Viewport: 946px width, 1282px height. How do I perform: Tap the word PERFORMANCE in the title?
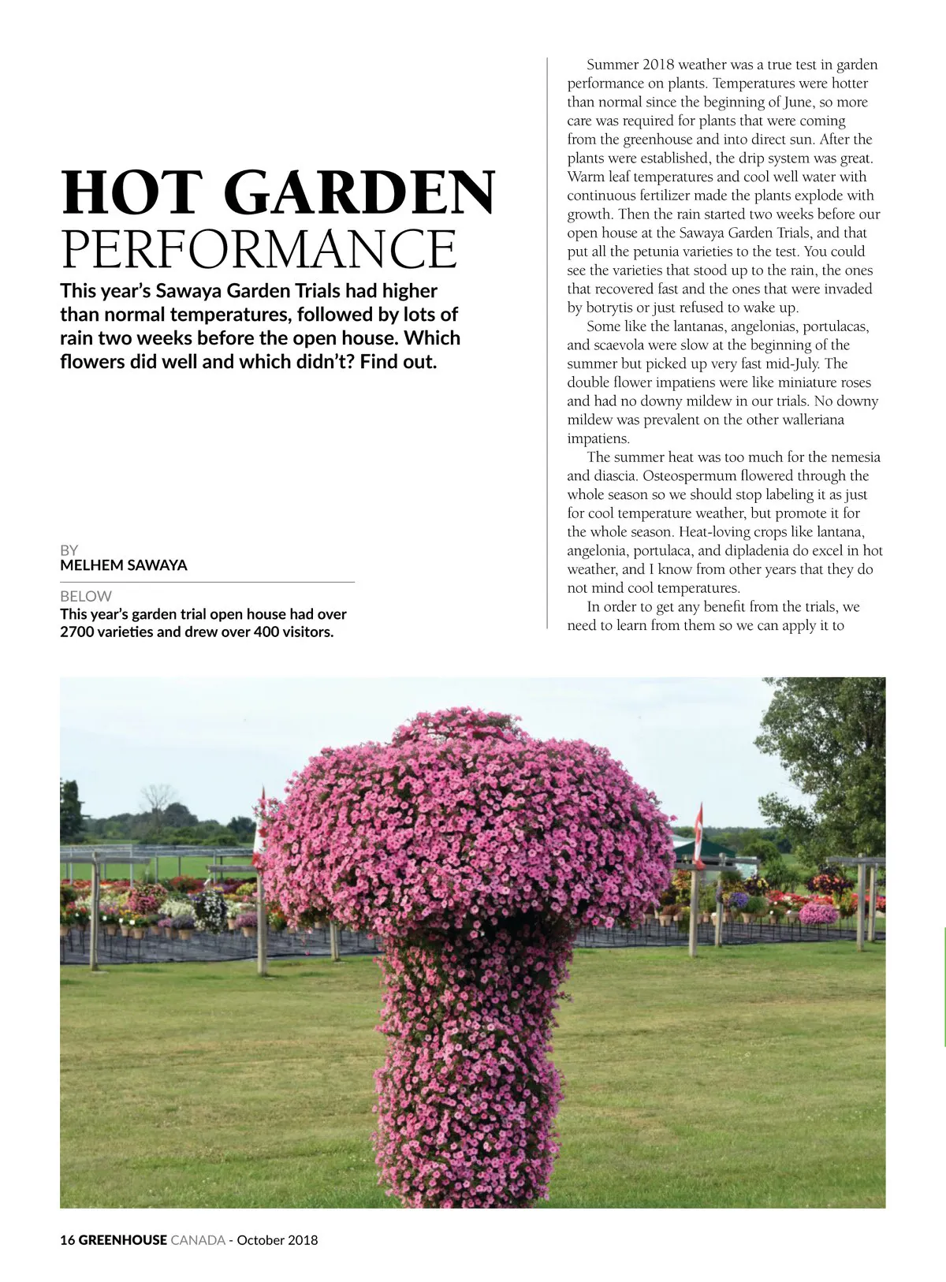click(x=259, y=249)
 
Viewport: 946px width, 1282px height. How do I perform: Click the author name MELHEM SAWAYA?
click(x=124, y=565)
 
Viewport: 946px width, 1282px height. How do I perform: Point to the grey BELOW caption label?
click(x=86, y=596)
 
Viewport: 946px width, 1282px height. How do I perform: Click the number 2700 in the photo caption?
click(x=76, y=632)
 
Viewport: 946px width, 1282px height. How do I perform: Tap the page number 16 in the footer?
click(x=67, y=1239)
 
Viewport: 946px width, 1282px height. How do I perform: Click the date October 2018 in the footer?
click(x=277, y=1239)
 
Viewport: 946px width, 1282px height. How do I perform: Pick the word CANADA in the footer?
click(x=198, y=1239)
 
